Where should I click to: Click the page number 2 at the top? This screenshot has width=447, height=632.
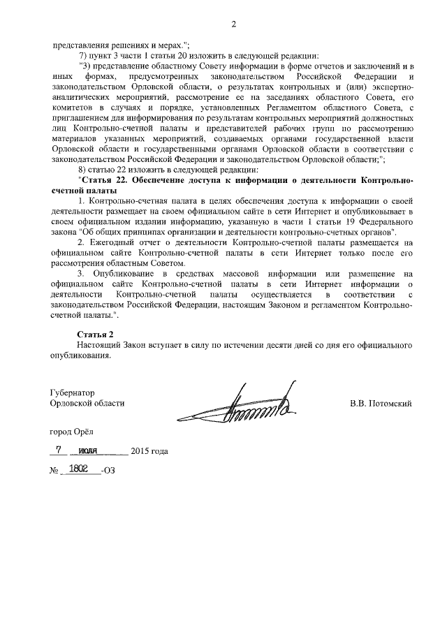click(x=234, y=25)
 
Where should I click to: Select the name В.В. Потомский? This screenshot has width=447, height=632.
click(x=381, y=404)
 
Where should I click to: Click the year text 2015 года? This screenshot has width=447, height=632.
click(x=149, y=450)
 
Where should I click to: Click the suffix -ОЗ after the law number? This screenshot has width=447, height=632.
click(x=107, y=471)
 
